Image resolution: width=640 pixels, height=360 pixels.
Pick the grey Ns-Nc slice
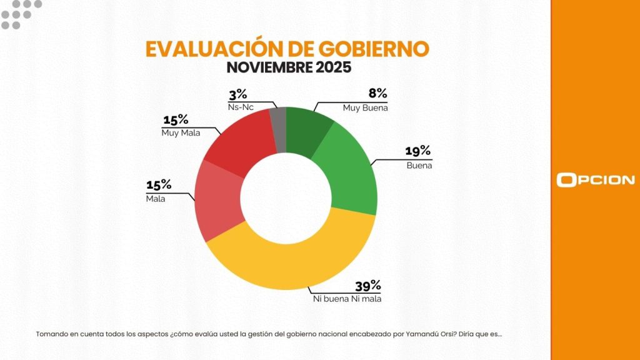[279, 128]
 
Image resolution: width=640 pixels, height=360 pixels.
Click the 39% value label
[367, 286]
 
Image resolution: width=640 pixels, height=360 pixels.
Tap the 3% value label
[238, 95]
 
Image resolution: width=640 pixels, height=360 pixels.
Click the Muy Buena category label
[365, 107]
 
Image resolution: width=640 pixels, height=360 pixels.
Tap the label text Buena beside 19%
[419, 166]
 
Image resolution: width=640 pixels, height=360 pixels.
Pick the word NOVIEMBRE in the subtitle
[263, 66]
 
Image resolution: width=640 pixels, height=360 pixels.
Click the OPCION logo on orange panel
[595, 180]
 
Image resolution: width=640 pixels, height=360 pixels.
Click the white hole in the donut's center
[286, 198]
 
